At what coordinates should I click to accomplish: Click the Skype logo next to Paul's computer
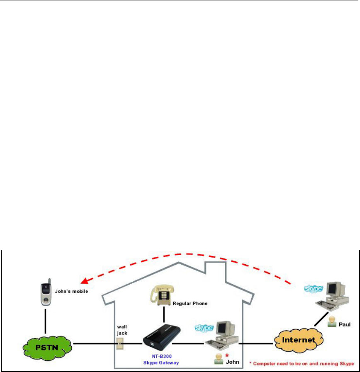314,288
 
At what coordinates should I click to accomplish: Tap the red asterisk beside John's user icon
227,355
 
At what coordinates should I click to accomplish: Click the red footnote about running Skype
302,364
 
